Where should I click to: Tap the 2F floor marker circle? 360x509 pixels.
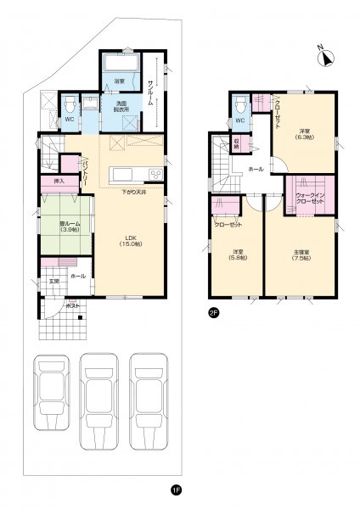(x=212, y=311)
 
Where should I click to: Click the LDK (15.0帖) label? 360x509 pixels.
(x=127, y=240)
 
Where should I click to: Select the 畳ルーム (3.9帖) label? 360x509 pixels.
(x=58, y=227)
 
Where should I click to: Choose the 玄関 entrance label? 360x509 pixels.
(x=53, y=281)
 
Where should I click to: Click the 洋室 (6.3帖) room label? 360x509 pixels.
(x=304, y=132)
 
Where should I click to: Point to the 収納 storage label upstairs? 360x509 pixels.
(x=237, y=145)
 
